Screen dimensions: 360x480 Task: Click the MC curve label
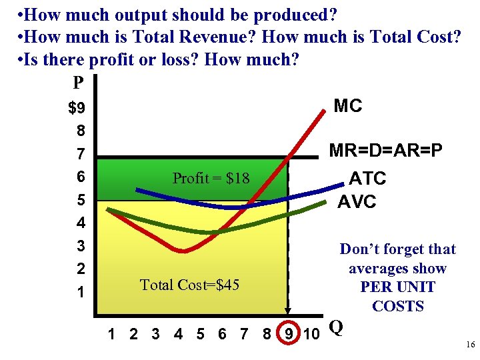[x=347, y=105]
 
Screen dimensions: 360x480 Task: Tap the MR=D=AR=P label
[x=386, y=152]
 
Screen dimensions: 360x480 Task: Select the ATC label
[x=367, y=178]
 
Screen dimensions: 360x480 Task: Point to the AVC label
[x=357, y=201]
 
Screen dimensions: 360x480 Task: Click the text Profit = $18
[x=211, y=178]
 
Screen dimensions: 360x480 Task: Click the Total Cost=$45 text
[x=189, y=285]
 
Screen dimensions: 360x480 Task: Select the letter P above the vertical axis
[x=78, y=83]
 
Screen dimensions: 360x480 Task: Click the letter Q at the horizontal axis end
[x=337, y=327]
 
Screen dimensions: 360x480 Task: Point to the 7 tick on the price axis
[x=81, y=155]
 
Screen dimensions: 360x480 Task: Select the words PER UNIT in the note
[x=397, y=287]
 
